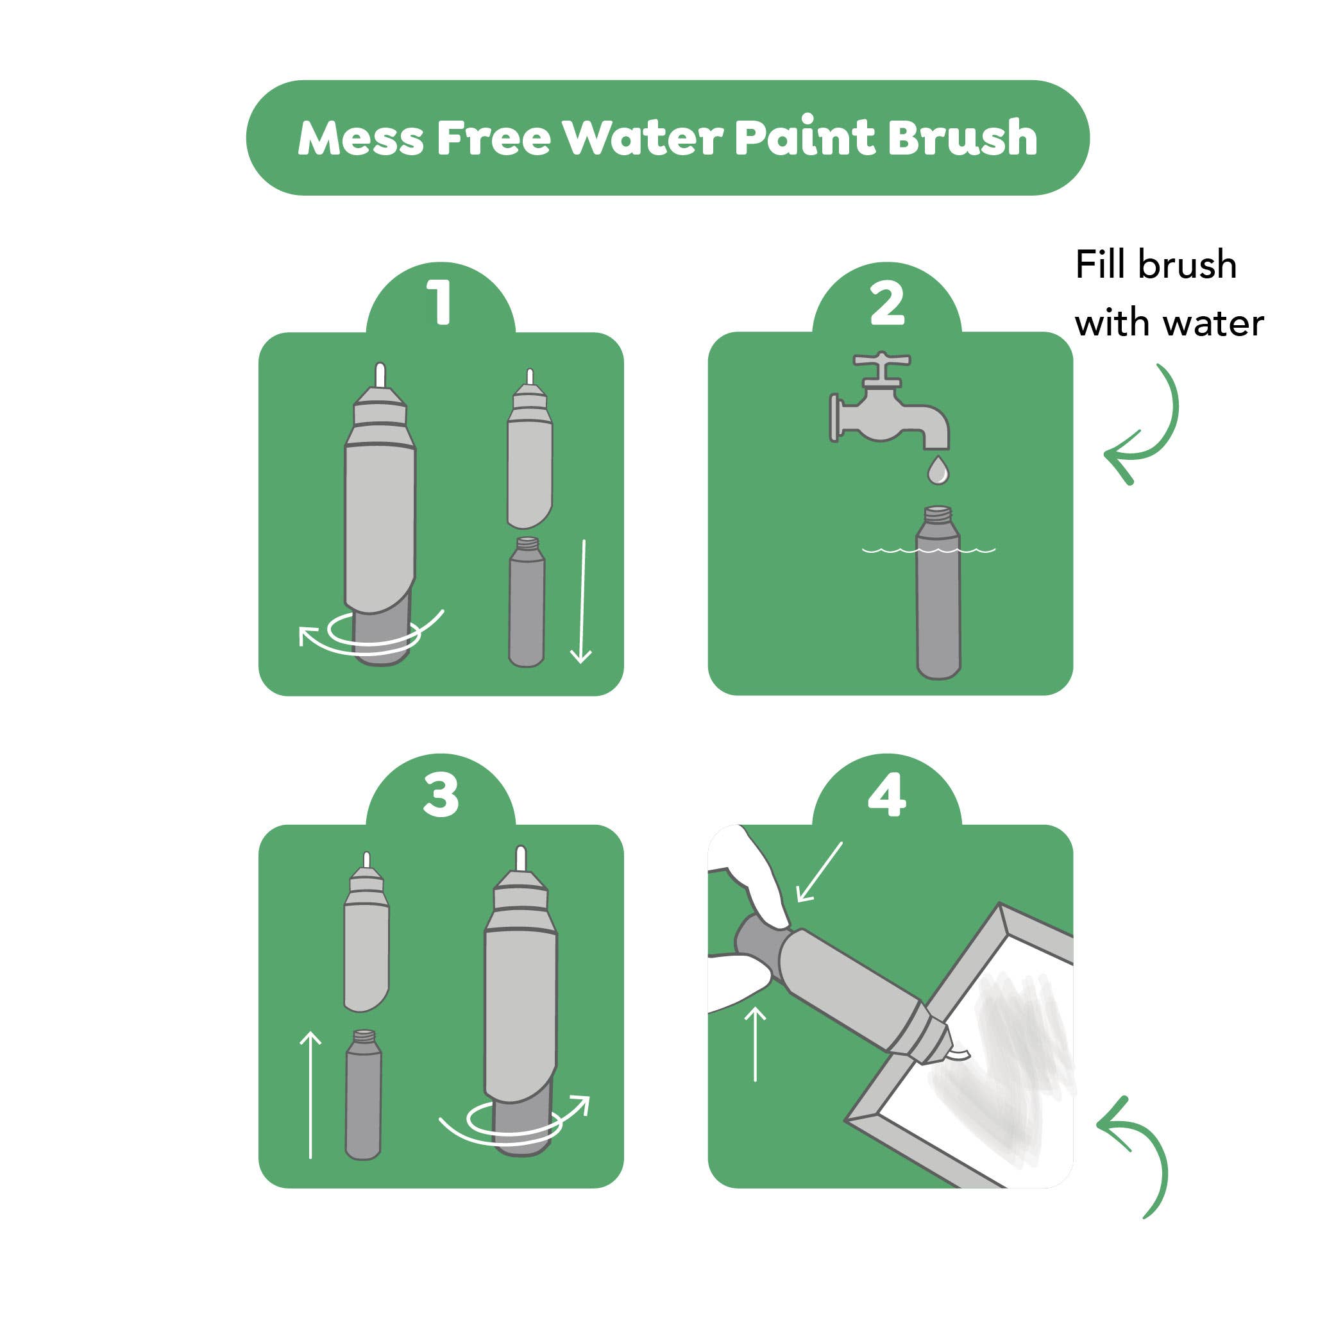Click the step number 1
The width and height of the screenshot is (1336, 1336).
(441, 302)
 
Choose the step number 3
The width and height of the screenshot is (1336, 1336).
(441, 795)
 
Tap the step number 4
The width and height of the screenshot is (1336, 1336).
(887, 795)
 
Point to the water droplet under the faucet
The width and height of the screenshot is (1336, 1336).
(938, 469)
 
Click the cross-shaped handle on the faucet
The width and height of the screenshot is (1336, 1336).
(883, 360)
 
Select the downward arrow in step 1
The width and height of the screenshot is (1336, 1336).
(582, 601)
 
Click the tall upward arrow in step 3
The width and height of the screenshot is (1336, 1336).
(311, 1095)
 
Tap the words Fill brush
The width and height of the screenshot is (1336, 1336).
(1156, 265)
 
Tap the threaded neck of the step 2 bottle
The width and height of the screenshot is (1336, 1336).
(938, 513)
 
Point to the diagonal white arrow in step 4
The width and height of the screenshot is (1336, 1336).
(820, 871)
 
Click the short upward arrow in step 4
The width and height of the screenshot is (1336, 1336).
(755, 1044)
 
